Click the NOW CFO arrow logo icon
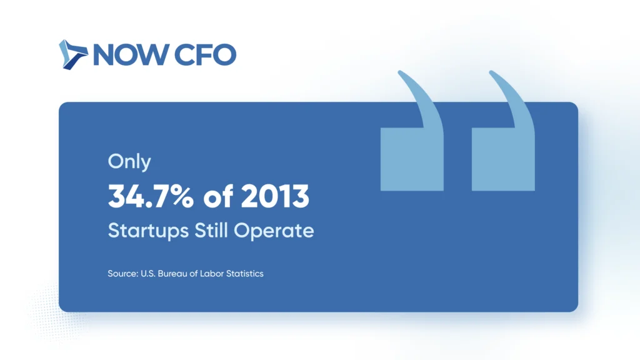73,55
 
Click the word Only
129,162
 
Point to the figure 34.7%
151,196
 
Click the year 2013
275,196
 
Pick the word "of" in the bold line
218,196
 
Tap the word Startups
148,231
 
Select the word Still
211,230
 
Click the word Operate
274,231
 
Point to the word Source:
123,274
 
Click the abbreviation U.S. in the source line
148,274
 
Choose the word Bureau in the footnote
172,274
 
